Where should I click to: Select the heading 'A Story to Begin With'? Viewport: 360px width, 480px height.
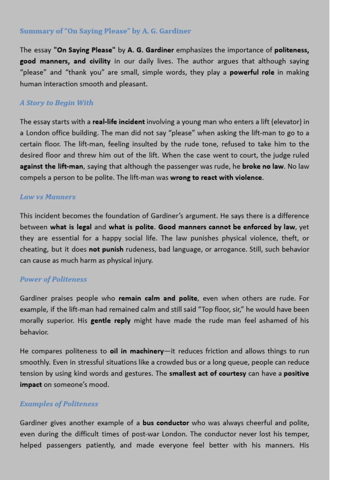point(56,103)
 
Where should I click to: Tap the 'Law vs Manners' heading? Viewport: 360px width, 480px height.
point(47,197)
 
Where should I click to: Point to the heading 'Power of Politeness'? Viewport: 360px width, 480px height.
point(53,279)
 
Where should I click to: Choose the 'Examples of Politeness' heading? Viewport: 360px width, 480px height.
point(59,404)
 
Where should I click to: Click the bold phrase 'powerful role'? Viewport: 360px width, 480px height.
point(252,73)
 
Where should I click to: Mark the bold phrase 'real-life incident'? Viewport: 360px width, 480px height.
point(119,122)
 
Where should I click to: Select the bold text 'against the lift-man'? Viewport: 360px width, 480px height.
point(52,166)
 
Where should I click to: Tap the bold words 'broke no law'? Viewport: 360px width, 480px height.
point(263,166)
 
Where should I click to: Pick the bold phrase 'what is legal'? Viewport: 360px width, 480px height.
point(71,227)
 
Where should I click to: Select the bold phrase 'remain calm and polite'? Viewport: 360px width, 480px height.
point(158,298)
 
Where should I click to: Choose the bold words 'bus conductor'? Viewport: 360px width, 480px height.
point(166,423)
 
